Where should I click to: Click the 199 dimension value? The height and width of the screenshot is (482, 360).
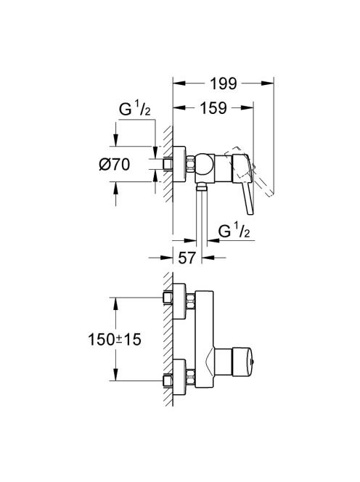(224, 83)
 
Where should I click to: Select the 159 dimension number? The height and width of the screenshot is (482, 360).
(213, 108)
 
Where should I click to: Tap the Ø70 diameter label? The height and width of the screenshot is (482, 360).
(115, 164)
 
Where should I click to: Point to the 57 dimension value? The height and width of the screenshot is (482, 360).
(187, 258)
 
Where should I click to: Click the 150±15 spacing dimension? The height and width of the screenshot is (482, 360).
(115, 340)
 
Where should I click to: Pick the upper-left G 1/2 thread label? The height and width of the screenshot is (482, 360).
(135, 109)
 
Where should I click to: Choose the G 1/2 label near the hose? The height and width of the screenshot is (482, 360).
(234, 231)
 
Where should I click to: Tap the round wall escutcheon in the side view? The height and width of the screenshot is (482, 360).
(179, 164)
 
